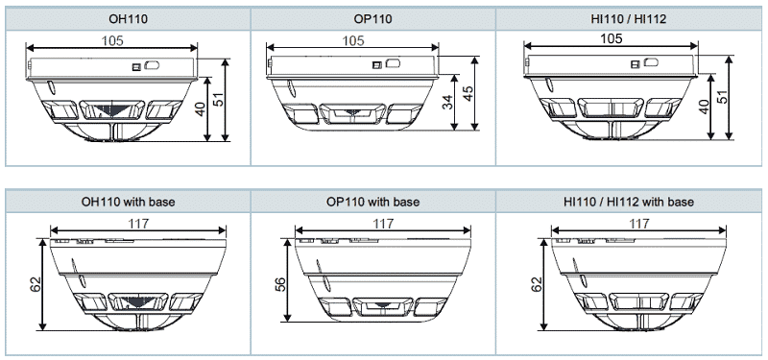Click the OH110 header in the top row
tap(128, 19)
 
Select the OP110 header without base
tap(372, 19)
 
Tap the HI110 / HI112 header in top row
tap(629, 19)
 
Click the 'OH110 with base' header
tap(128, 202)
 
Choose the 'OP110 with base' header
tap(372, 202)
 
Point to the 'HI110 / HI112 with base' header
tap(629, 202)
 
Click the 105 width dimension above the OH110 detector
tap(112, 40)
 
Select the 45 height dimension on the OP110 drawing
tap(468, 94)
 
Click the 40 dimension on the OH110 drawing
tap(200, 109)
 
